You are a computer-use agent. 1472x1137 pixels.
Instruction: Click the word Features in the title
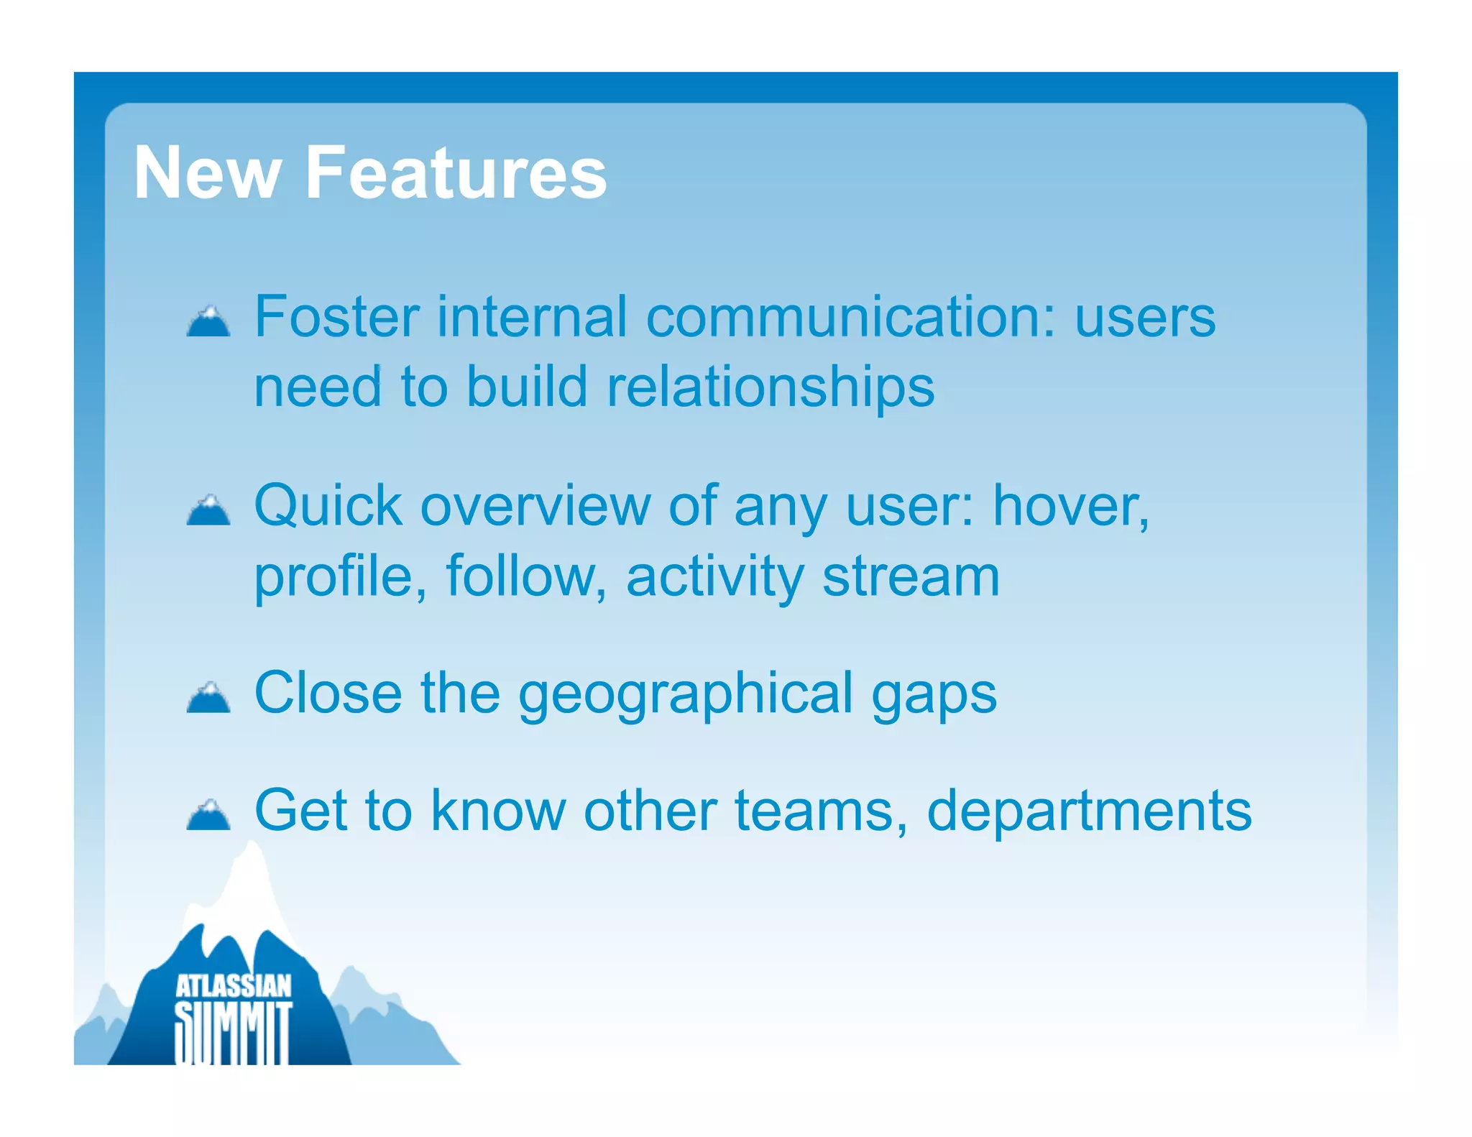[x=456, y=173]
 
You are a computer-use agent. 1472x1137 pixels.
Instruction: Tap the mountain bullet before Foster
[x=208, y=321]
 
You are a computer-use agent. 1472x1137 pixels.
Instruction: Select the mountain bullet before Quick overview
[x=208, y=510]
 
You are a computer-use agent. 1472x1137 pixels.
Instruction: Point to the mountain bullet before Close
[x=208, y=697]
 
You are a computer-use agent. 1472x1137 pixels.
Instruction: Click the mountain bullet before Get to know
[x=208, y=815]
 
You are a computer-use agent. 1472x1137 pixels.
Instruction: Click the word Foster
[x=337, y=317]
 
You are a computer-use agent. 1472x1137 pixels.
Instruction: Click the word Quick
[x=328, y=506]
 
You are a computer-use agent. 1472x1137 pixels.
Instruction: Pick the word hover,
[x=1070, y=506]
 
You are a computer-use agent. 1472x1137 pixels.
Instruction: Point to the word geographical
[x=686, y=694]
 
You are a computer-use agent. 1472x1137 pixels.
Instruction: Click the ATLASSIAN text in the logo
[x=234, y=986]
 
